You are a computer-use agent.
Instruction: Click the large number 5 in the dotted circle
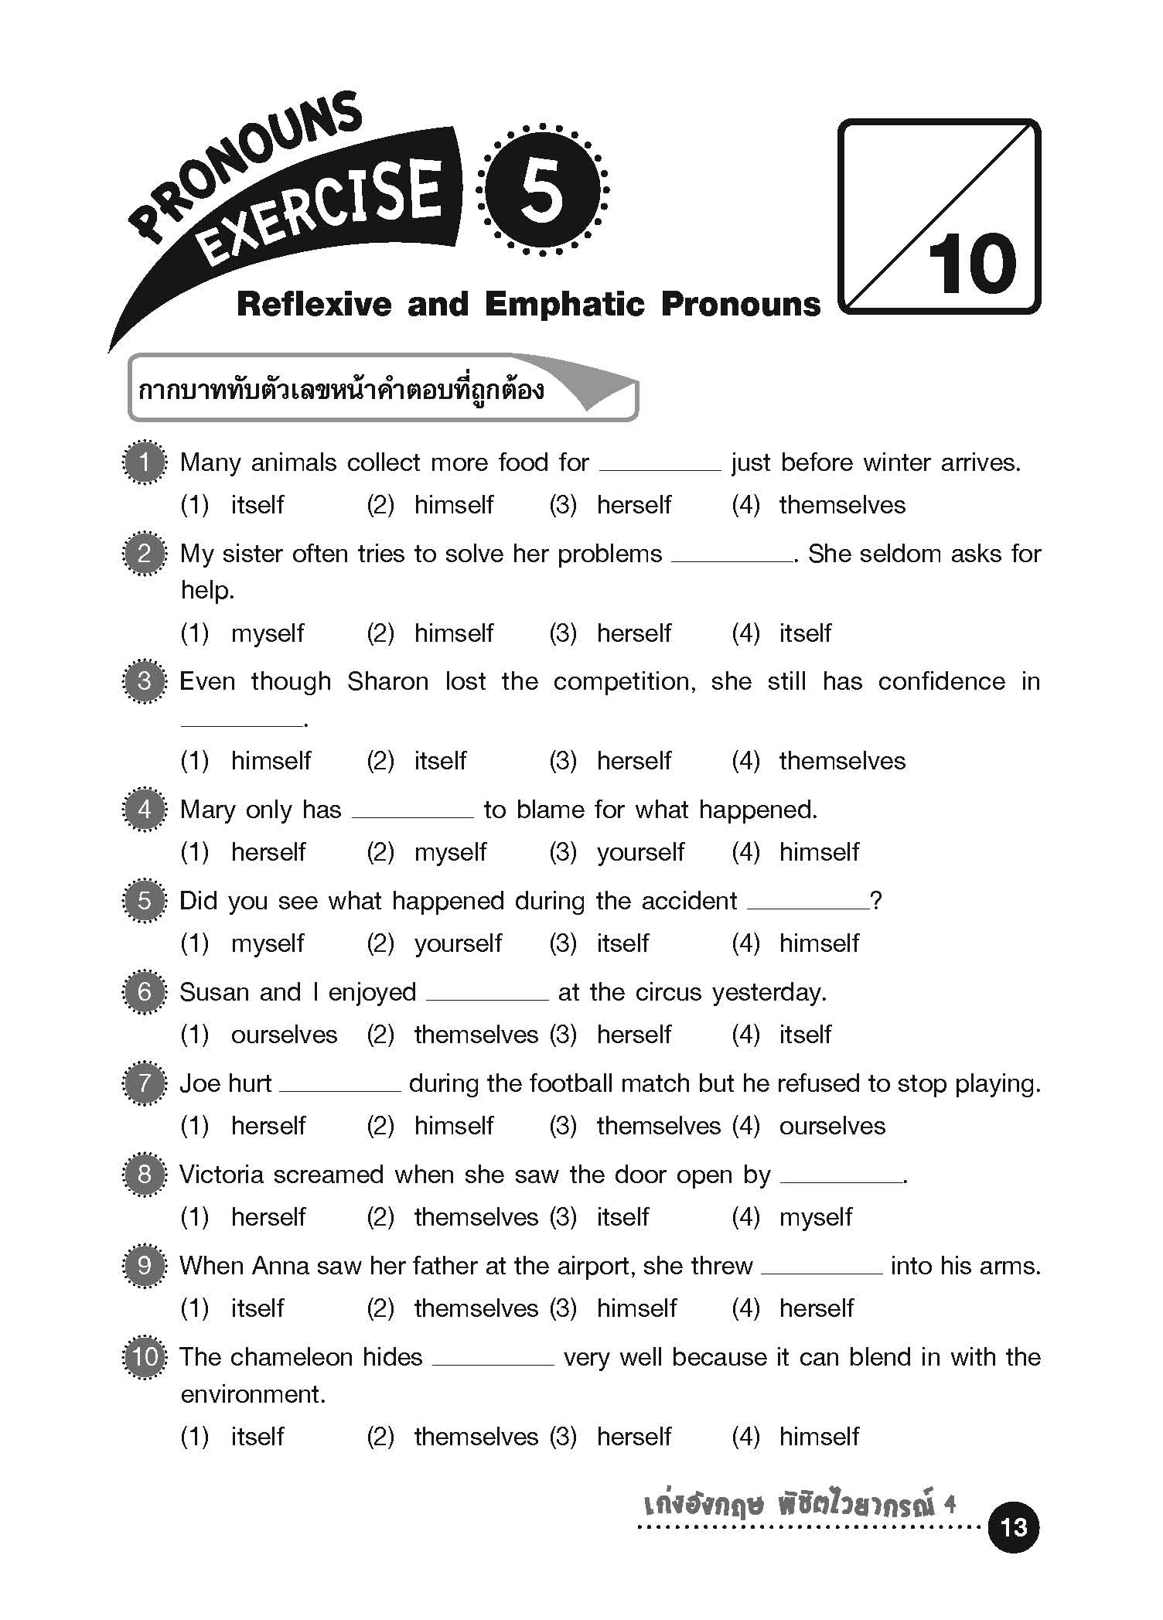coord(541,190)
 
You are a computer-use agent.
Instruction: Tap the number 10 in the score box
coord(972,264)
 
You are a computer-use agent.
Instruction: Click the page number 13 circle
coord(1013,1526)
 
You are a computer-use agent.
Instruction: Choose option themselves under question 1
coord(841,505)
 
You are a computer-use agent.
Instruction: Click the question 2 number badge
coord(145,554)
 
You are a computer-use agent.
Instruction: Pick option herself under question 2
coord(633,633)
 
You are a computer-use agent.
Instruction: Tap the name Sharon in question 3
coord(387,681)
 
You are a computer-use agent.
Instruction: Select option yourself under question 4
coord(640,852)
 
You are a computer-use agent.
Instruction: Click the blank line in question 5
coord(808,906)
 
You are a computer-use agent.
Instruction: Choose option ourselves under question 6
coord(284,1035)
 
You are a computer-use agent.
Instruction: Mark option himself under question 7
coord(453,1126)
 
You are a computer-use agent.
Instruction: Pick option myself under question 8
coord(815,1217)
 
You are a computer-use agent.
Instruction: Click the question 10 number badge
coord(145,1357)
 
